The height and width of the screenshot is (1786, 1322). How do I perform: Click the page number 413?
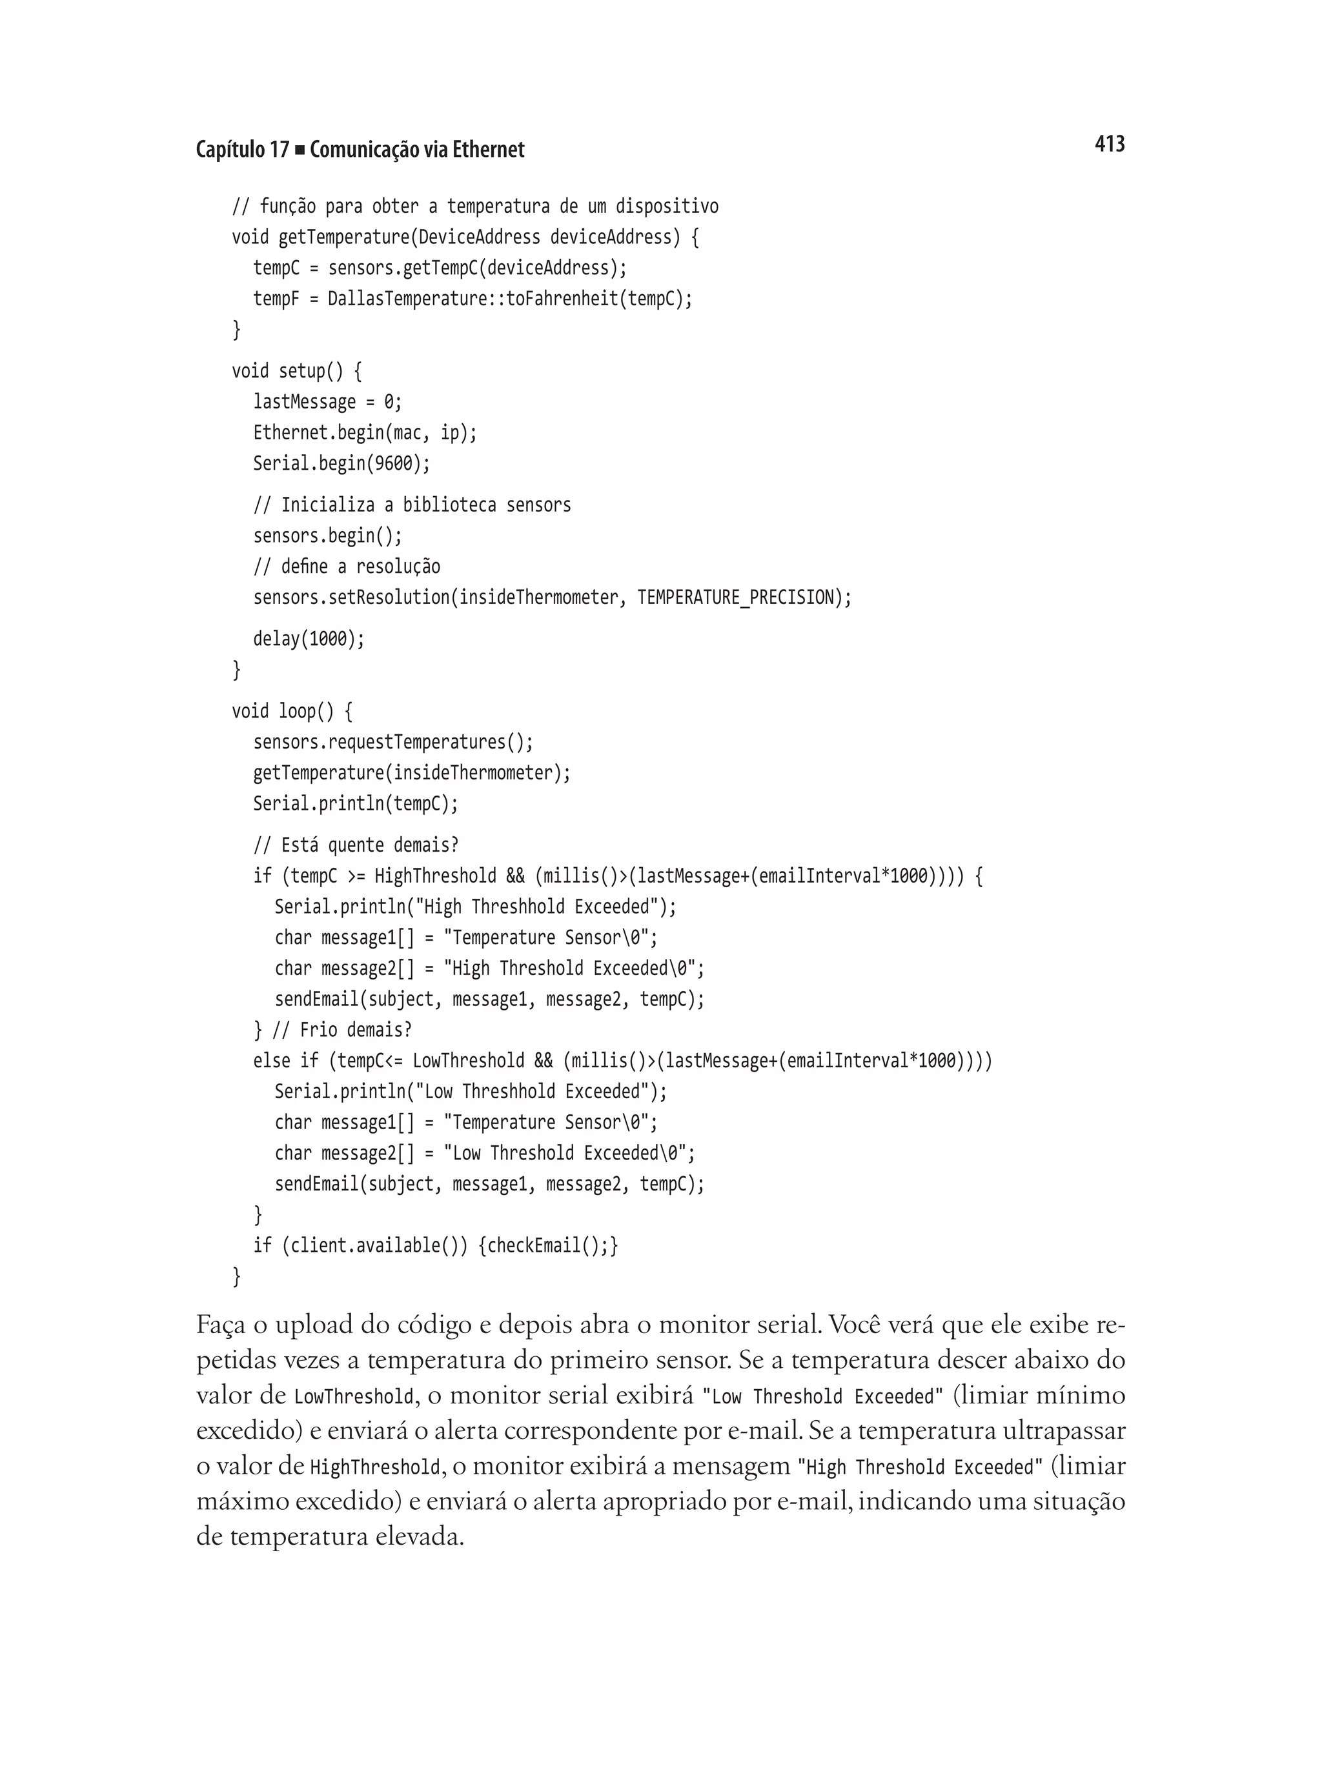click(x=1109, y=144)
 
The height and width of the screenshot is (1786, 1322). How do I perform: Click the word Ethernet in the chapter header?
click(x=488, y=150)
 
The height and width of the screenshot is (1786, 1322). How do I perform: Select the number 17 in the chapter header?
click(x=278, y=150)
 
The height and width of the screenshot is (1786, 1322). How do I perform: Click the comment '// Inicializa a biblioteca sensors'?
click(x=412, y=505)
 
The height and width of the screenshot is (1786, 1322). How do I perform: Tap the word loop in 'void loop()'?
click(x=297, y=710)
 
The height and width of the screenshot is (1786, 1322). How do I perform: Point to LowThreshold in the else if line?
click(x=468, y=1061)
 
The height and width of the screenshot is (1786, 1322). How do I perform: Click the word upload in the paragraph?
click(x=314, y=1326)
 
